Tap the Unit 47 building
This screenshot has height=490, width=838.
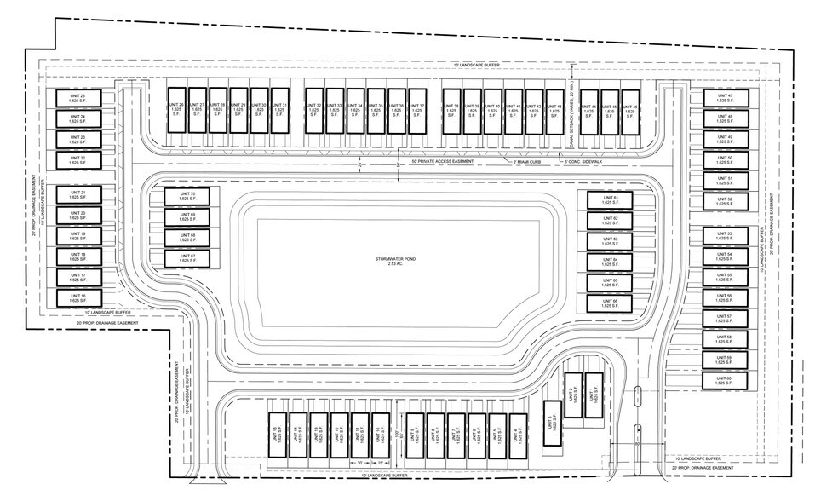(x=724, y=98)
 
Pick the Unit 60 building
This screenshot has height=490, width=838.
(x=724, y=381)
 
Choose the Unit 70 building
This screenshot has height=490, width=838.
(x=187, y=197)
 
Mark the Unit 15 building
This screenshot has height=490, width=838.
(x=277, y=434)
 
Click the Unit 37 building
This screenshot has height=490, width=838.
(x=416, y=110)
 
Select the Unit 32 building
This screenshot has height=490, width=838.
(x=313, y=110)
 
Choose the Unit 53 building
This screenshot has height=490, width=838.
(x=724, y=236)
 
